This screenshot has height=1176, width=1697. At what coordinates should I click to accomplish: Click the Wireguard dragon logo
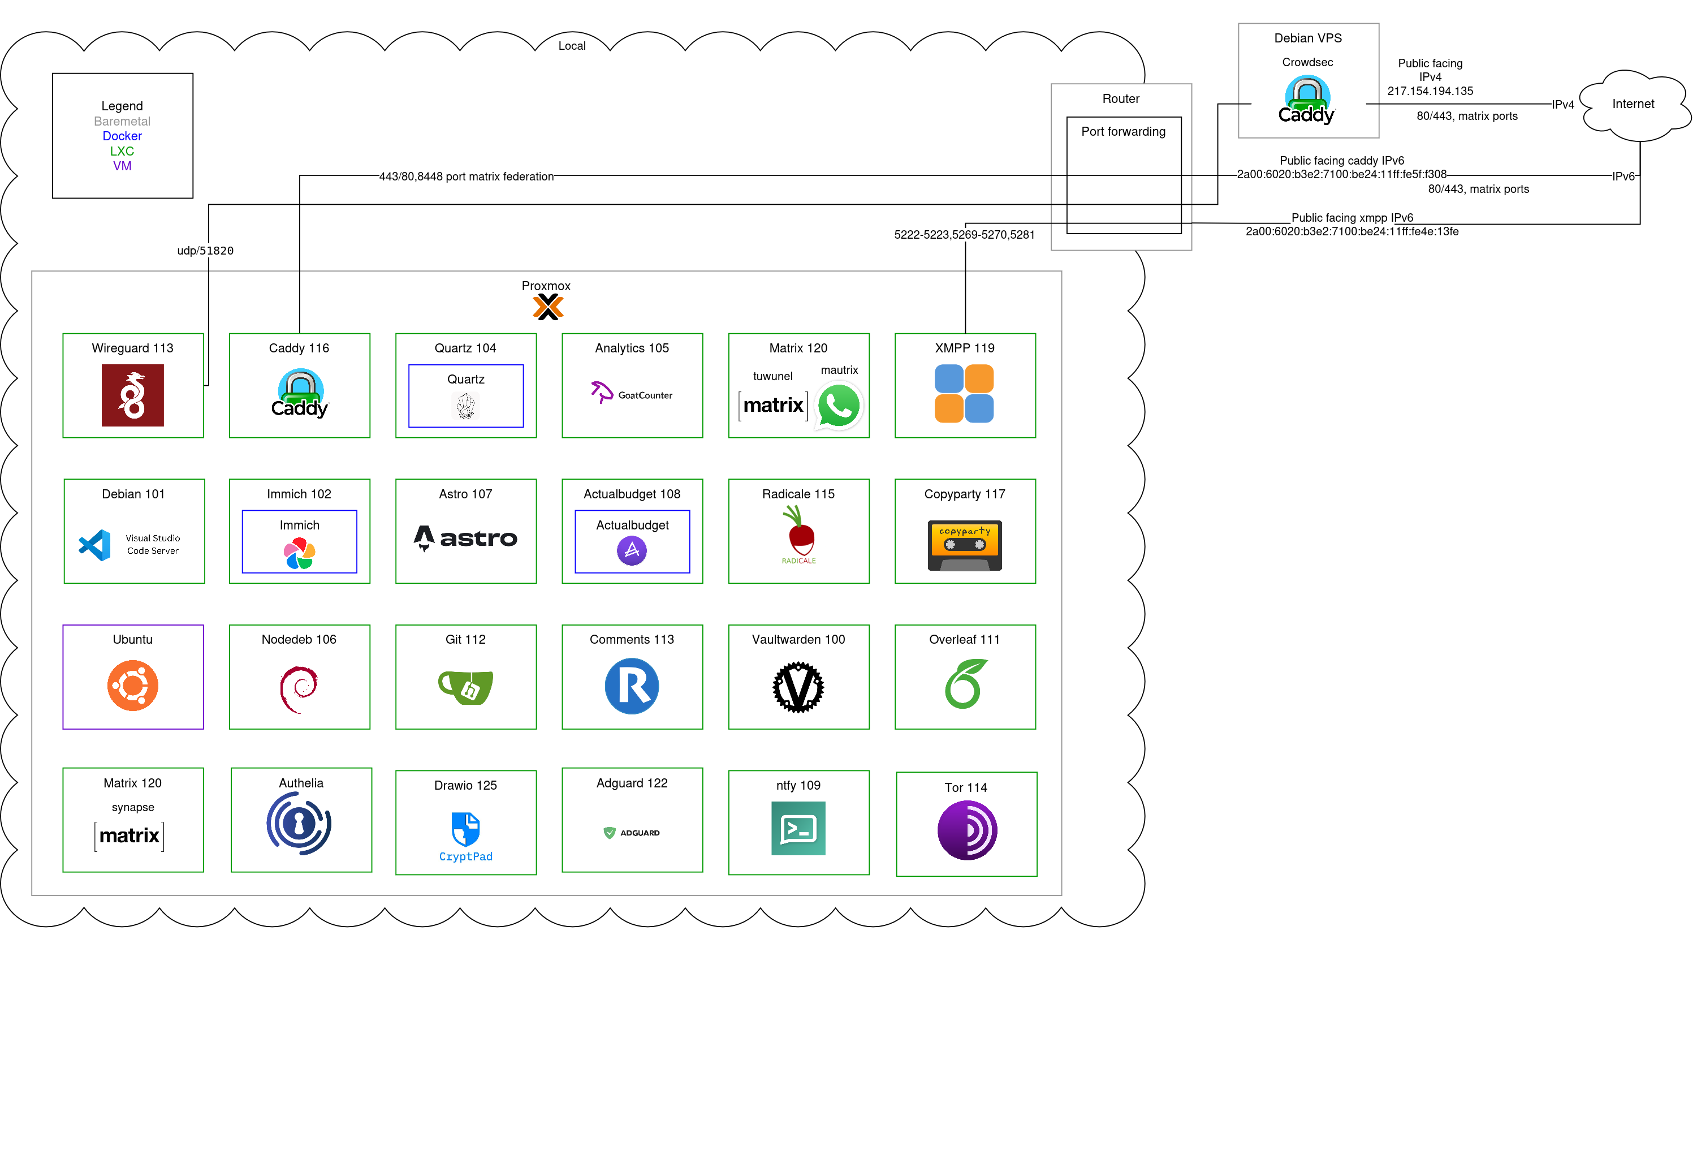(132, 396)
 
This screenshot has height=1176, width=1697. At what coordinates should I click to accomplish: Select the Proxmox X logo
(547, 307)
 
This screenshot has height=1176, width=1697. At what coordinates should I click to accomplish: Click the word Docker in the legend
(122, 136)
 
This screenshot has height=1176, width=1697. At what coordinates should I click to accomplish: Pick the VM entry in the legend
(122, 166)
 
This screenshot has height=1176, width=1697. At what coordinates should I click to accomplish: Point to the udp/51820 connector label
(205, 251)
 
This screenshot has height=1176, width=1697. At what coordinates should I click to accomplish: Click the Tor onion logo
(967, 830)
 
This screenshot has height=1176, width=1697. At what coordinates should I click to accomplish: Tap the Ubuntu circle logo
(132, 685)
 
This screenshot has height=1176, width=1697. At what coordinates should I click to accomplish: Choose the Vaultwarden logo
(798, 687)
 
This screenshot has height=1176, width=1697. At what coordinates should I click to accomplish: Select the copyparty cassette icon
(965, 545)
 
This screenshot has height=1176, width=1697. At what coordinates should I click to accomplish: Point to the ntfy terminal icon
(798, 828)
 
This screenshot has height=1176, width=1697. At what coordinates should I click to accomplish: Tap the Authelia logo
(299, 823)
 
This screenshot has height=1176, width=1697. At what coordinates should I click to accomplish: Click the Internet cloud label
(1633, 104)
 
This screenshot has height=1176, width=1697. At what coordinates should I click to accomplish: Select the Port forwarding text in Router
(1123, 132)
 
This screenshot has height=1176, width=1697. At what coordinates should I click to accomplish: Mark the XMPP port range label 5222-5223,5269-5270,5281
(964, 234)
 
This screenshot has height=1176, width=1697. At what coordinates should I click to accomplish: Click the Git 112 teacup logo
(465, 687)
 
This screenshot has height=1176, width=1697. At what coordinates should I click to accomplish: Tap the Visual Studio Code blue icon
(95, 545)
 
